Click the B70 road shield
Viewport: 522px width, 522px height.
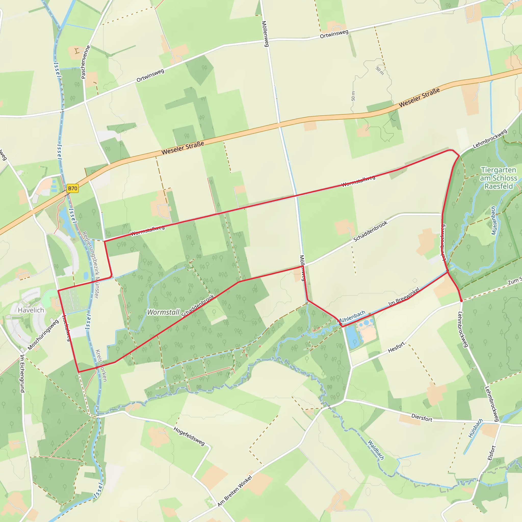point(72,188)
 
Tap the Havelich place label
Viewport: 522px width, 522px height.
point(31,310)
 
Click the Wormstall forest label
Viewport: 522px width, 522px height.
point(163,312)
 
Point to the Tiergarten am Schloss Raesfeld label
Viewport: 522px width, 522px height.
point(498,178)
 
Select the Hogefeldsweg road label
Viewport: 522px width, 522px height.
point(189,436)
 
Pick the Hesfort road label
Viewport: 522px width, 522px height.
point(396,347)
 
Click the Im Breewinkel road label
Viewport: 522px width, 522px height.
point(404,297)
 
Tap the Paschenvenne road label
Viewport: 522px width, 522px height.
point(85,62)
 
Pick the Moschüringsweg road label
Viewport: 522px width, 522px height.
point(43,335)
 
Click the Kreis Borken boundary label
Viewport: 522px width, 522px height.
point(101,366)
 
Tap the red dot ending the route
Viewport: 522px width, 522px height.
point(461,301)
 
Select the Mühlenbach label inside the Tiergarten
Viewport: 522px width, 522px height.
point(494,220)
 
